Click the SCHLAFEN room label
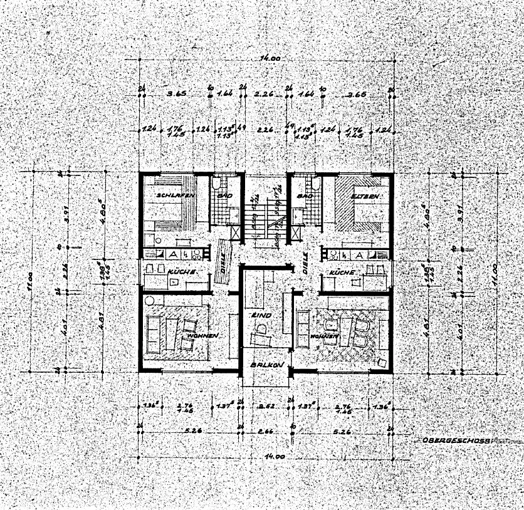coord(174,195)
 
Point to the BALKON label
coord(268,365)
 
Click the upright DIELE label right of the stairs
coord(305,268)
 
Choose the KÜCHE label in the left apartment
coord(183,273)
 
